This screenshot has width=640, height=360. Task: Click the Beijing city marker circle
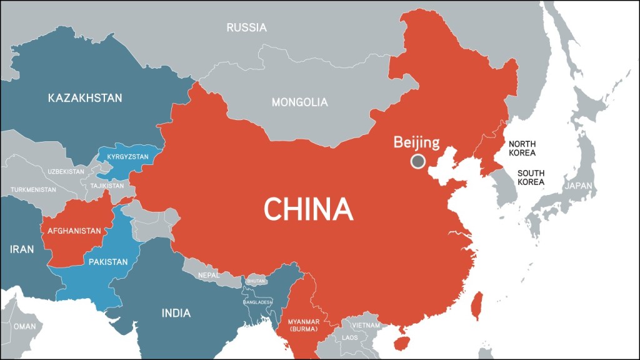[x=417, y=162]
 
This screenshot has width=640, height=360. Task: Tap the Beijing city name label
[x=416, y=142]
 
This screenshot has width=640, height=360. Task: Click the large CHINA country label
[x=309, y=209]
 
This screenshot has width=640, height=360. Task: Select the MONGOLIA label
[x=299, y=102]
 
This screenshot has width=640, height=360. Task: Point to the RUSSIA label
[x=246, y=27]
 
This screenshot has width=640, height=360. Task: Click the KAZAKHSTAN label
[x=85, y=98]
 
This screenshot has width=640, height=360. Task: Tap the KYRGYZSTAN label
[x=127, y=157]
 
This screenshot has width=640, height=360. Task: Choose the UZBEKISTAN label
[x=66, y=171]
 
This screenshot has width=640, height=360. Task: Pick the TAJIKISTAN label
[x=107, y=186]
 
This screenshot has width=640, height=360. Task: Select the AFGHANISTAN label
[x=74, y=231]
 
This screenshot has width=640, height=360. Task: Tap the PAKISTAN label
[x=108, y=261]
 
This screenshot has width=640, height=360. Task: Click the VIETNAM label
[x=365, y=325]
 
